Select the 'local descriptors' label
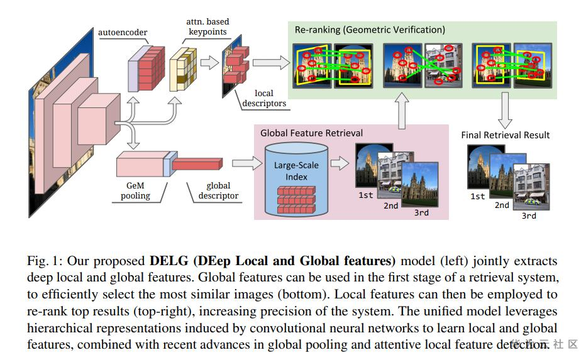tap(264, 99)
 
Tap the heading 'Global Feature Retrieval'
tap(312, 133)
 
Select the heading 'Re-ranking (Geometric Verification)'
tap(370, 30)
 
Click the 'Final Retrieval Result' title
tap(505, 135)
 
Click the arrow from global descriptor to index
tap(246, 163)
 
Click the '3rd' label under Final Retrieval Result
tap(529, 215)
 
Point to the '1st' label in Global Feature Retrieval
tap(366, 195)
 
